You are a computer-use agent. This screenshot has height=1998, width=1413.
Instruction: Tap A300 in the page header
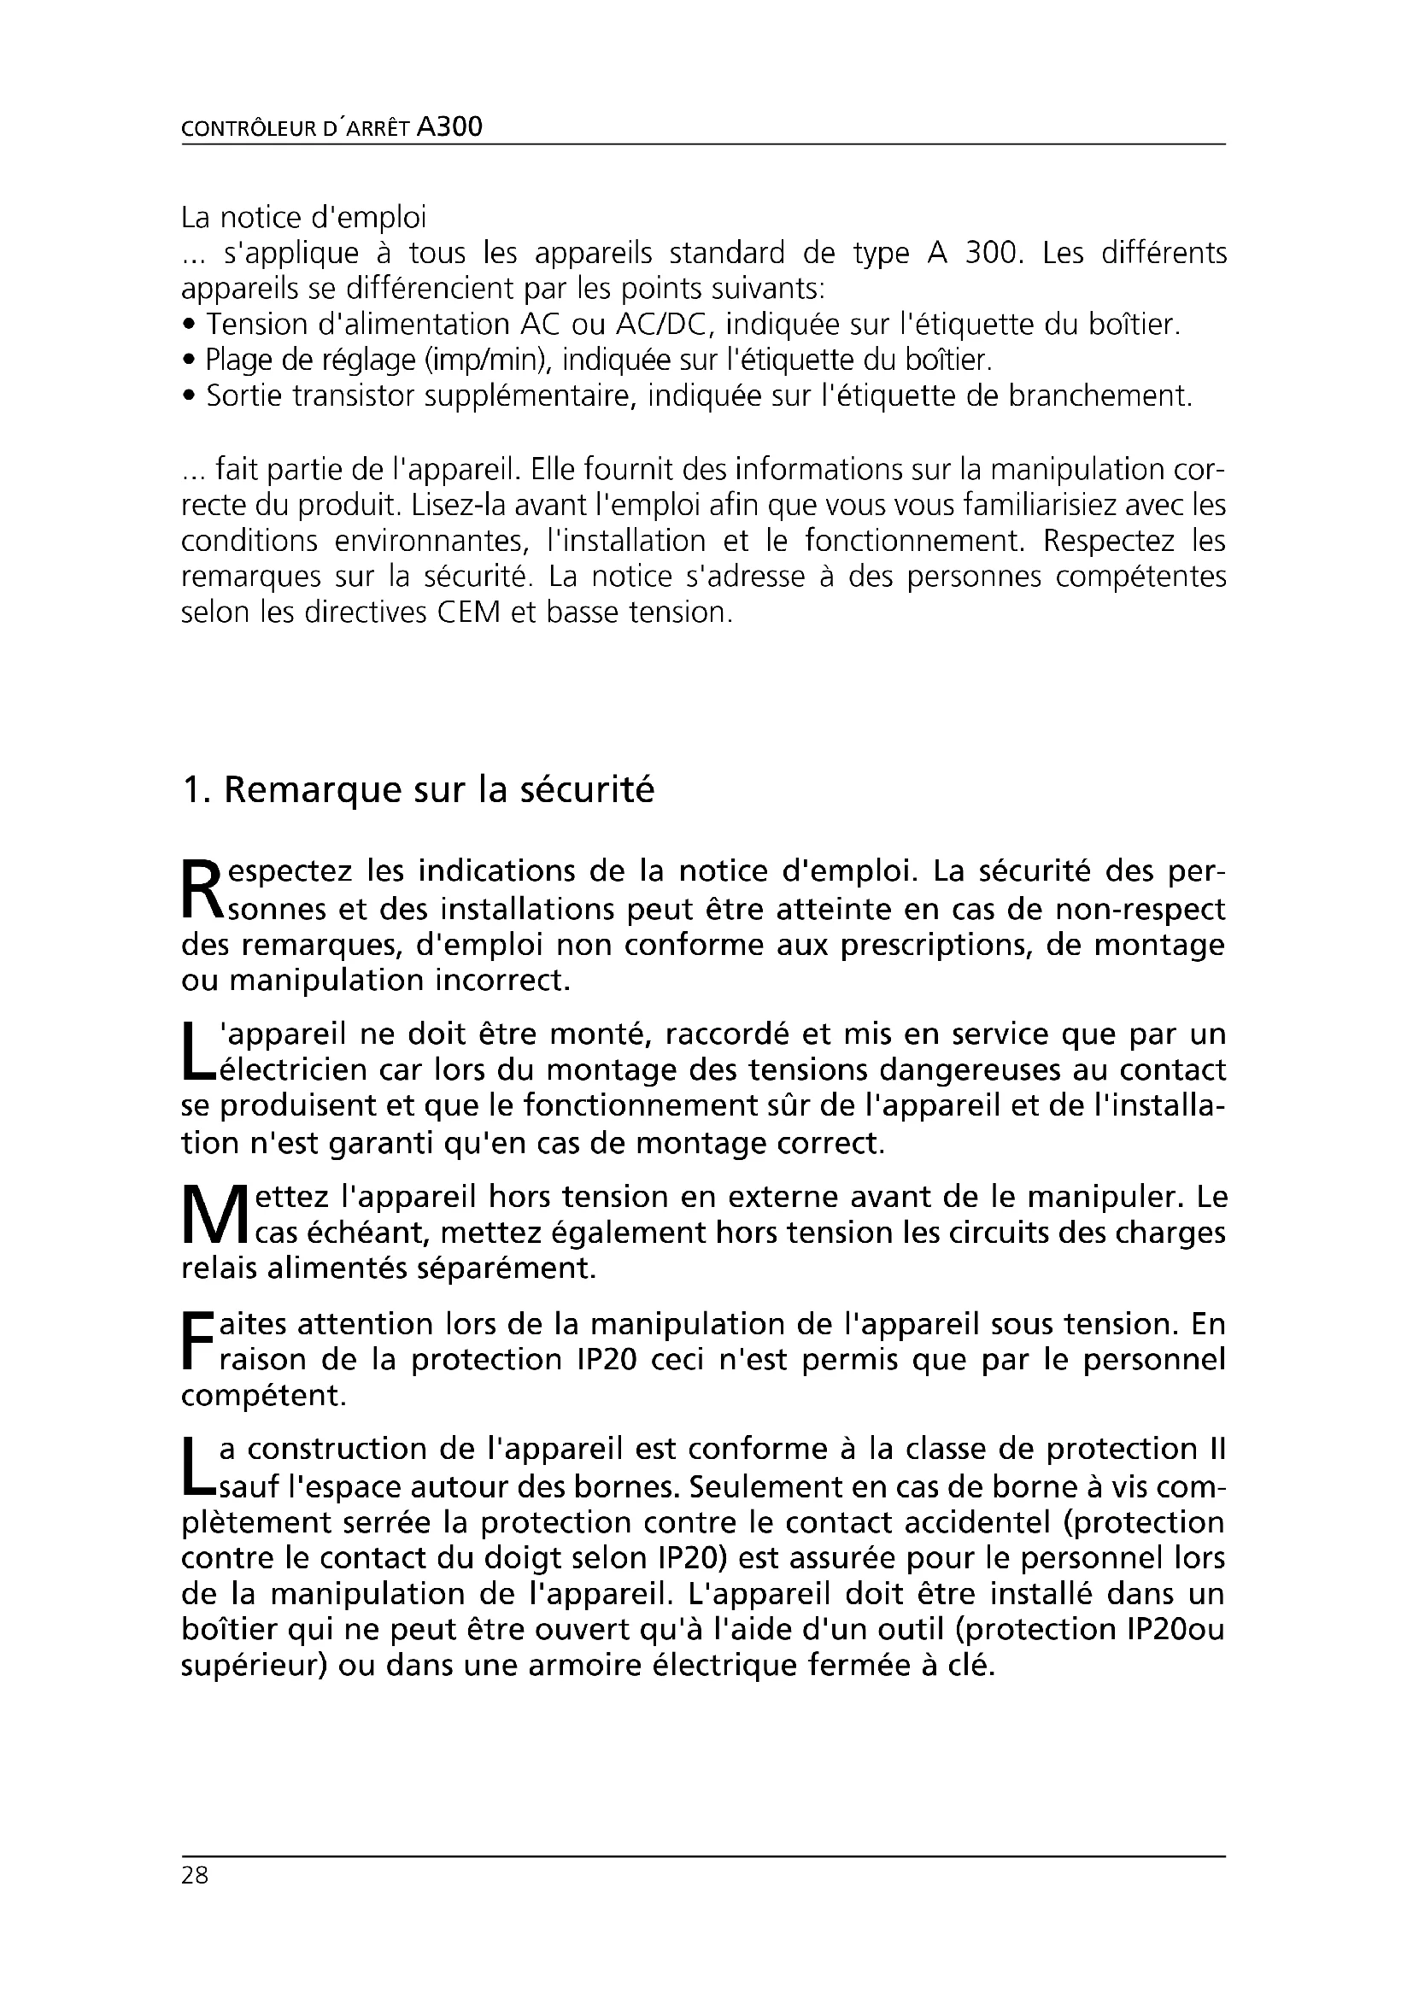tap(449, 127)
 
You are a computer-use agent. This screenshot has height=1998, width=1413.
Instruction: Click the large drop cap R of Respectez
tap(201, 888)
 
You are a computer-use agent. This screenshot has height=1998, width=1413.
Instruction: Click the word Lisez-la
tap(467, 505)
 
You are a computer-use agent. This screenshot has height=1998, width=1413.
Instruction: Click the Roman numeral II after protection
tap(1217, 1449)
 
